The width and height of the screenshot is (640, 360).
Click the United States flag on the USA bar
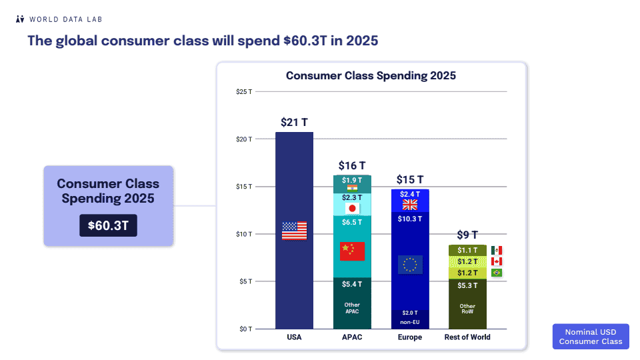[294, 231]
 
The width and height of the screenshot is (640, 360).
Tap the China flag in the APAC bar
[352, 251]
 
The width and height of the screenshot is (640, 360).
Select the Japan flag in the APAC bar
[352, 209]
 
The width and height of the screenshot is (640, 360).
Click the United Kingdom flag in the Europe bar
[409, 205]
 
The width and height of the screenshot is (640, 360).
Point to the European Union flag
[409, 265]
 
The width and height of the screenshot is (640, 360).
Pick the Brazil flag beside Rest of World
[497, 273]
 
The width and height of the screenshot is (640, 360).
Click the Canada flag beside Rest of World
[497, 261]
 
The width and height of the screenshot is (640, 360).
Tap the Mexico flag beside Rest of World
[497, 250]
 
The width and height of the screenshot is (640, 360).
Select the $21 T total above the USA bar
[294, 122]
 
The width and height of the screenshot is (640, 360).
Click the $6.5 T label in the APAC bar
[352, 222]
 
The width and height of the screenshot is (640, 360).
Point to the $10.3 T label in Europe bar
[409, 219]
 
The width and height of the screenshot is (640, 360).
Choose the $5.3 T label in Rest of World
[467, 285]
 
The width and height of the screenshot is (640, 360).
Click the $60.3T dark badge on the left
[108, 225]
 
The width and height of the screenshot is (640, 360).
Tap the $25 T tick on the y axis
[244, 91]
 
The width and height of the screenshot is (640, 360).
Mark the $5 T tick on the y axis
[245, 281]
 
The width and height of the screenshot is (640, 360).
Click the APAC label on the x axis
[352, 337]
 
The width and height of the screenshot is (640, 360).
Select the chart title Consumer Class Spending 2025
[371, 75]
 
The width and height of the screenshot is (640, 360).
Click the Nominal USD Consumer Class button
[590, 337]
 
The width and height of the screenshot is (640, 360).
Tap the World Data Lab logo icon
[20, 19]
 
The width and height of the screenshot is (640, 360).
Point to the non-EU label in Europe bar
[409, 322]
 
